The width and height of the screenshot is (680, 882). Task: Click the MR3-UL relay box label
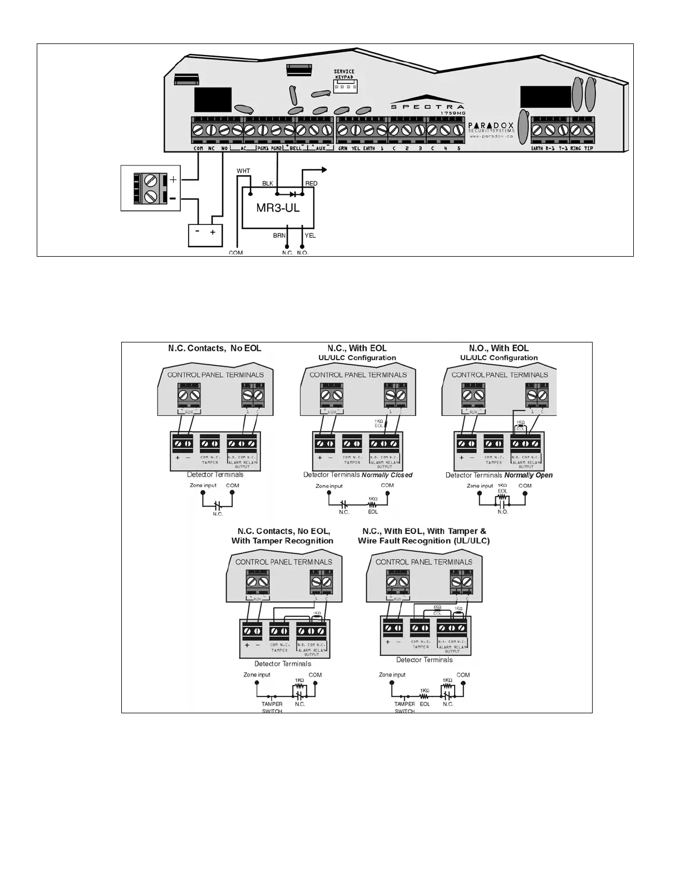[278, 209]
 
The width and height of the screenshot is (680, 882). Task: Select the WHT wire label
[243, 171]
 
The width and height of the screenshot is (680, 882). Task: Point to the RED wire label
[311, 184]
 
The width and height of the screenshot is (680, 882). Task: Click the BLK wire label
[268, 184]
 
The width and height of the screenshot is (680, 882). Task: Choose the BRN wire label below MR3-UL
[279, 236]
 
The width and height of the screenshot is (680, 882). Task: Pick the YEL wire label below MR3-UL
[311, 236]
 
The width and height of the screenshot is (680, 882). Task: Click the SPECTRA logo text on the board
[427, 107]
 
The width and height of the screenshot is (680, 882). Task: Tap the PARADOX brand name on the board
[490, 126]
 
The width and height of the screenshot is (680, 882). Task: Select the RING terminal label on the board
[575, 149]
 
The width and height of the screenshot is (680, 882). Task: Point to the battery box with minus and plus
[205, 234]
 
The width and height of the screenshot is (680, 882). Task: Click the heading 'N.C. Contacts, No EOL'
[215, 349]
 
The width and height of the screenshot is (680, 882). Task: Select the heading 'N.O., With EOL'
[499, 349]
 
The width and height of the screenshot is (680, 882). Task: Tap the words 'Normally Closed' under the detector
[387, 475]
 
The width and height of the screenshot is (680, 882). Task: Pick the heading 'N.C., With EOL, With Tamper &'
[424, 531]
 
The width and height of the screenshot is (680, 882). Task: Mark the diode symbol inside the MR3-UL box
[293, 194]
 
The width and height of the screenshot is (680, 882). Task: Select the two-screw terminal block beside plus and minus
[150, 188]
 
